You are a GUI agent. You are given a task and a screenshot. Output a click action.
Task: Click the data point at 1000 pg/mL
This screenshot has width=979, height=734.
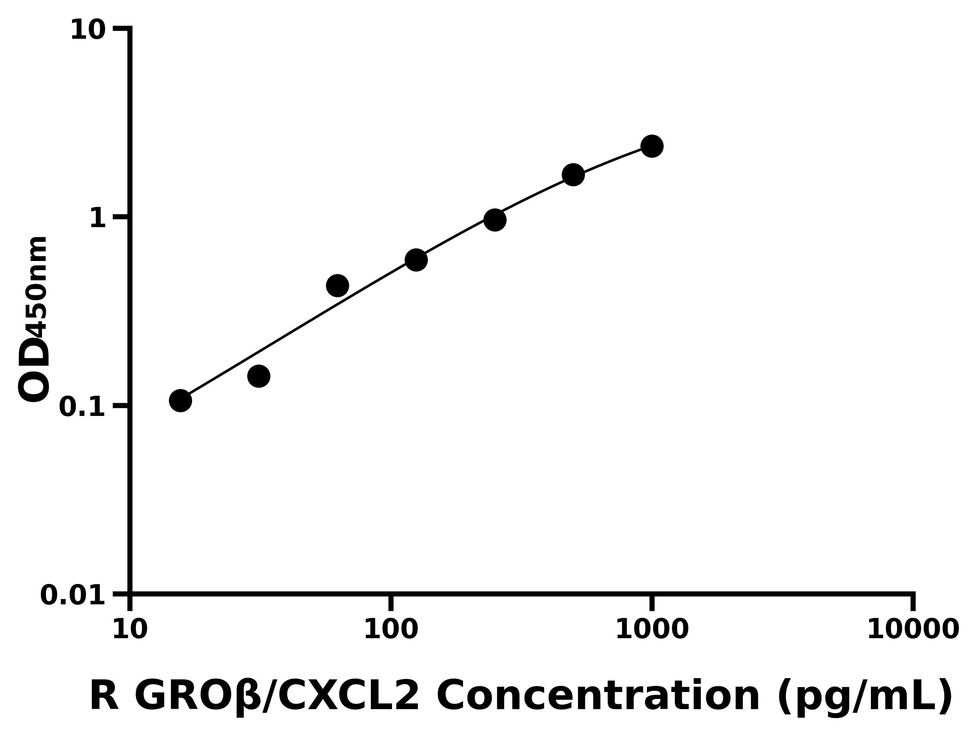(651, 146)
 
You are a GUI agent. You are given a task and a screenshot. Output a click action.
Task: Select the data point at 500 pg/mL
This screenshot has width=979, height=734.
(573, 175)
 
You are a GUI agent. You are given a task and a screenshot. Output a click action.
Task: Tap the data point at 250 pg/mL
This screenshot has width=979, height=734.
(495, 220)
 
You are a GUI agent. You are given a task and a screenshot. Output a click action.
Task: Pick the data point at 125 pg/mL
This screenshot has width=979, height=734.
(416, 260)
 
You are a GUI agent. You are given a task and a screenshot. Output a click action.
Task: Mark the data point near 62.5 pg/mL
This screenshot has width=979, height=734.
(337, 285)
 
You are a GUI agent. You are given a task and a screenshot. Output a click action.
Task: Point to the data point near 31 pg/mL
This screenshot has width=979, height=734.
(259, 376)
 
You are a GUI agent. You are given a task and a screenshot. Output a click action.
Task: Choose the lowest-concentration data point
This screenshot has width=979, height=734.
(180, 400)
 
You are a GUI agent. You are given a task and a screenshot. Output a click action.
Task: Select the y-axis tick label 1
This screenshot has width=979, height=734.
(98, 219)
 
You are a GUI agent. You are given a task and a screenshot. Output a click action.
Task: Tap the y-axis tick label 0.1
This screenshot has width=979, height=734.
(82, 407)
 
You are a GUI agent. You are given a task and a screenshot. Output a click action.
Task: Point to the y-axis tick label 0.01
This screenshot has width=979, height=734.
(73, 595)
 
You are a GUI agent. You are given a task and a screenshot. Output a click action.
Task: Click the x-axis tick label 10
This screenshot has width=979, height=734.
(130, 630)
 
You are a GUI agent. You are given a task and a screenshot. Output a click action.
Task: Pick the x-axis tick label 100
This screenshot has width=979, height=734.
(391, 630)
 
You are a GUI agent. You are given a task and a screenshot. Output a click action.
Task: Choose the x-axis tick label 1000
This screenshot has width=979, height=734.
(652, 630)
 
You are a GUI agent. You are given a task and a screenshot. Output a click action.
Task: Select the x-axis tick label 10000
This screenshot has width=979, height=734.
(913, 630)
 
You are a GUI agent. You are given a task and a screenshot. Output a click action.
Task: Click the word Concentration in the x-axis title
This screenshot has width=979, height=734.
(598, 696)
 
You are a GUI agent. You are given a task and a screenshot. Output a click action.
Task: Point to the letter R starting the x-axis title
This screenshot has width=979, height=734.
(104, 696)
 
